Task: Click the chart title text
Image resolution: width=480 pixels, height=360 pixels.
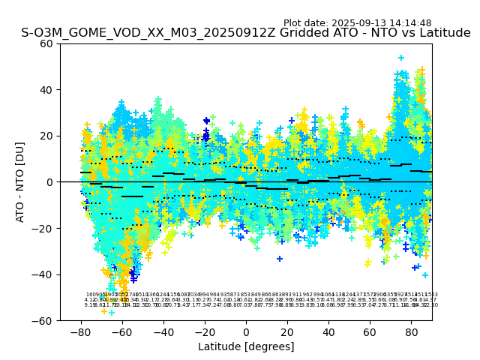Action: (246, 33)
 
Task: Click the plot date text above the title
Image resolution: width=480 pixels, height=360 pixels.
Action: (357, 23)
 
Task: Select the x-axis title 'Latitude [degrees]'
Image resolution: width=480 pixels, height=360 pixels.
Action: (246, 346)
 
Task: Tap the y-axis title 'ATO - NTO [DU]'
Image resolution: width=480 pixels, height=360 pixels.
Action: (20, 182)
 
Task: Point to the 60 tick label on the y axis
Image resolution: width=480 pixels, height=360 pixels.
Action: (46, 43)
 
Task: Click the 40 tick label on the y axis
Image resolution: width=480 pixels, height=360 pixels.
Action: (46, 90)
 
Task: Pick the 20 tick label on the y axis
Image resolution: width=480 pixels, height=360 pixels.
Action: (46, 136)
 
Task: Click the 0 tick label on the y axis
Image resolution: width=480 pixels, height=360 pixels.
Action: (49, 182)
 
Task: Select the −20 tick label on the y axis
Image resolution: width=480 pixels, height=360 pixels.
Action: (43, 228)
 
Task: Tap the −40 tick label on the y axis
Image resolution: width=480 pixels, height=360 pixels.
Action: (43, 274)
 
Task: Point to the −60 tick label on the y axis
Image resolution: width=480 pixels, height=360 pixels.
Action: (43, 320)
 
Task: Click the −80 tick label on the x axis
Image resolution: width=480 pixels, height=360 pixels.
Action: (81, 331)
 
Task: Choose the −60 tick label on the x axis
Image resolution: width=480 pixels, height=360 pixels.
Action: (122, 331)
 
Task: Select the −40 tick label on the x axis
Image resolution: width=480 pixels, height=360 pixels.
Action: (163, 331)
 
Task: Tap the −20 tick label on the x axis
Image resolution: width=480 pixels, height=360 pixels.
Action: (205, 331)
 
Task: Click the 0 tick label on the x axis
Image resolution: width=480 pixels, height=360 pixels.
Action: (246, 331)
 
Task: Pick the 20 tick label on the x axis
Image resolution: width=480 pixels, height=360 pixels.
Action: (287, 331)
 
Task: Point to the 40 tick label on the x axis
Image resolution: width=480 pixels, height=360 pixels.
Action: (328, 331)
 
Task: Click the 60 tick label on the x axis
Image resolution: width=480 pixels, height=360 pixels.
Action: (370, 331)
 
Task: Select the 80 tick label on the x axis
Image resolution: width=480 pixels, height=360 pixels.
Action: (411, 331)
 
